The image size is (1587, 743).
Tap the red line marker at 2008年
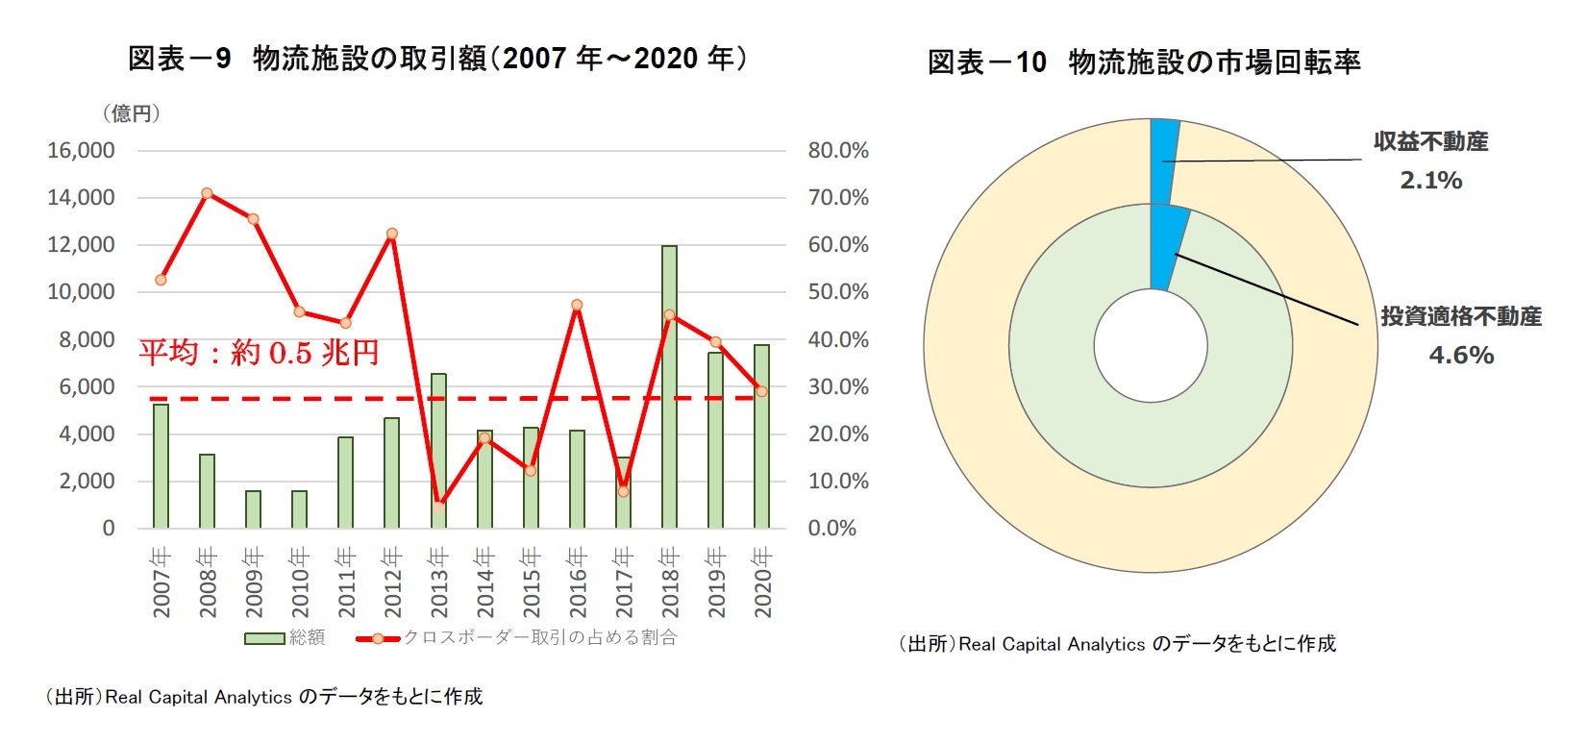(207, 193)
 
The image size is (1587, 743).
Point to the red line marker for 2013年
(438, 506)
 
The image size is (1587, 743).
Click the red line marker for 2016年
(577, 305)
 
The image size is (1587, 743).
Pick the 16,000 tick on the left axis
(81, 150)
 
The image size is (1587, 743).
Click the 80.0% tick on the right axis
(837, 150)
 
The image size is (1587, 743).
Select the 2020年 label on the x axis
(762, 582)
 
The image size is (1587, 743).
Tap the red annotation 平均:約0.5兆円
(259, 352)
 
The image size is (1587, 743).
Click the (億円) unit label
(131, 113)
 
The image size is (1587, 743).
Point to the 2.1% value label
(1430, 180)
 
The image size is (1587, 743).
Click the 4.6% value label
(1460, 355)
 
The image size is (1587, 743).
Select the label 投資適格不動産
(1460, 316)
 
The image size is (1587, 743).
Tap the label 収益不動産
(1430, 141)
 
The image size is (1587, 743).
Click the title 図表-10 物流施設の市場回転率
(1144, 62)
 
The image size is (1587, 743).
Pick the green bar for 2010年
(299, 509)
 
